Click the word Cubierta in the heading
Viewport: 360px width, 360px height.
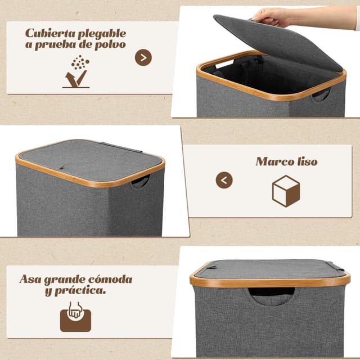pos(50,33)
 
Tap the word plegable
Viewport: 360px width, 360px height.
pos(102,34)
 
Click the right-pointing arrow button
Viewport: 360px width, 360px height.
pos(143,57)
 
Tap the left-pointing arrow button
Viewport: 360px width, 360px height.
pos(224,180)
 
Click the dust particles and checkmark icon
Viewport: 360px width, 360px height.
pos(76,71)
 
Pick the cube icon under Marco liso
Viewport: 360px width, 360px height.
pos(286,191)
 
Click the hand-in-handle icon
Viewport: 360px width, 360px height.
pos(75,317)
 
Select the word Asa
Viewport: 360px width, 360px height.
pos(30,279)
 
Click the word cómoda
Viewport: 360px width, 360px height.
pos(110,279)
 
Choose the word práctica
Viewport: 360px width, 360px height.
pos(80,291)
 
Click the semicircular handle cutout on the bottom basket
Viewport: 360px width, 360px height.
pos(272,296)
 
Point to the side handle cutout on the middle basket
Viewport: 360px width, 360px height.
pos(140,182)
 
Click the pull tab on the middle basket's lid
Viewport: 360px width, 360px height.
pos(61,168)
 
